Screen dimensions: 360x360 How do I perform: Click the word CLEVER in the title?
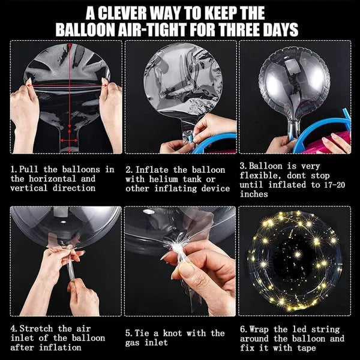(x=122, y=13)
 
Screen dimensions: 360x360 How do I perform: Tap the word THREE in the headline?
(x=240, y=29)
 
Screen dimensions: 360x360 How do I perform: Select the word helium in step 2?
(x=163, y=179)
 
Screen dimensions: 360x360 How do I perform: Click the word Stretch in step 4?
(x=36, y=329)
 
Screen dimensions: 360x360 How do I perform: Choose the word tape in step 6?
(x=307, y=348)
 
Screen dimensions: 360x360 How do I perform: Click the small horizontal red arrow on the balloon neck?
(x=69, y=140)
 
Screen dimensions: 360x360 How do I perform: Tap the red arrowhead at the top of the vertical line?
(x=70, y=46)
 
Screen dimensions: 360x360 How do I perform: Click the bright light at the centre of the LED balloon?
(x=297, y=254)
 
